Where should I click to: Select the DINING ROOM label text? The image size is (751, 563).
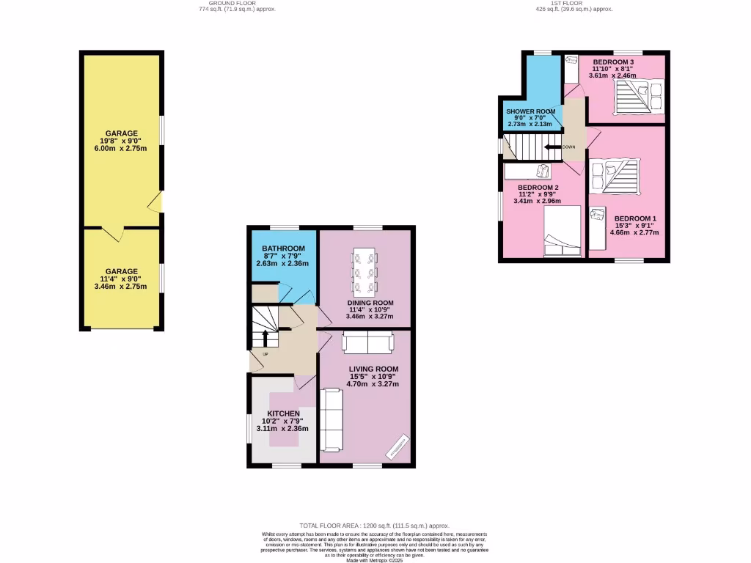coord(370,303)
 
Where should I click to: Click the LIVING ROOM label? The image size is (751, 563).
coord(373,369)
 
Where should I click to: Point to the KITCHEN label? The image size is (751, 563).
coord(282,414)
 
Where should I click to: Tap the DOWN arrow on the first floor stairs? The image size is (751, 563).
coord(552,147)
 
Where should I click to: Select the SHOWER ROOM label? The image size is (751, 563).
coord(531,111)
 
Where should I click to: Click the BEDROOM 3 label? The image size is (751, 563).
coord(613,62)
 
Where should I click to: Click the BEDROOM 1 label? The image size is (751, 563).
coord(635,218)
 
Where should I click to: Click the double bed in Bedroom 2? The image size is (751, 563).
coord(562,232)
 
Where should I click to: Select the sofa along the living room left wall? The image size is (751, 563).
coord(332,420)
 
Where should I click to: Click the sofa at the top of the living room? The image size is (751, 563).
coord(367,342)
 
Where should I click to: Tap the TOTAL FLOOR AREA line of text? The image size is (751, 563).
coord(374,526)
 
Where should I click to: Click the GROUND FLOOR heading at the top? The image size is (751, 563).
coord(226,3)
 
